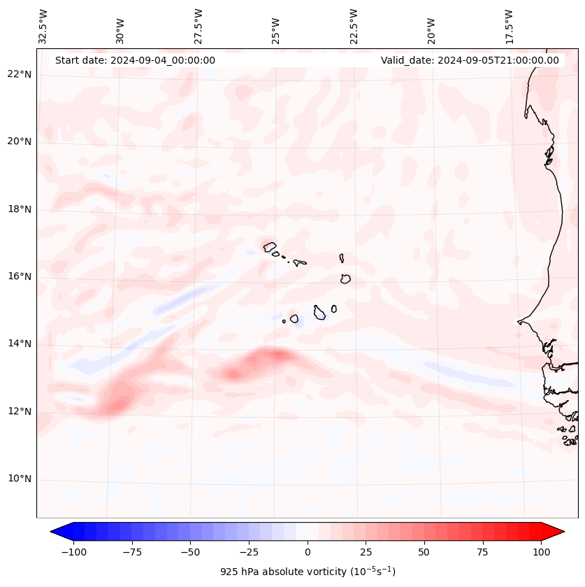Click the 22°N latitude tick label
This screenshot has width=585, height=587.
(19, 74)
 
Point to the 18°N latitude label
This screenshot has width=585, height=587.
(19, 209)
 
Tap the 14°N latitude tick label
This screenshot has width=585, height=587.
(19, 344)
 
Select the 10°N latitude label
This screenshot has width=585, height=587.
(19, 479)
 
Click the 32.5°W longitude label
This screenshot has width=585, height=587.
(43, 26)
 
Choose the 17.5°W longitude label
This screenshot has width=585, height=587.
(509, 26)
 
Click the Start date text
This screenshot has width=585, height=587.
(135, 60)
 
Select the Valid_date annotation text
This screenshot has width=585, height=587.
(470, 60)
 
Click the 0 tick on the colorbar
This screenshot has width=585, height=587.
(308, 552)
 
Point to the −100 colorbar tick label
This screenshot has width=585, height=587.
(72, 552)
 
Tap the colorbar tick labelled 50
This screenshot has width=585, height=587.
(424, 552)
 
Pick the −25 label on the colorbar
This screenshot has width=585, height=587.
(248, 552)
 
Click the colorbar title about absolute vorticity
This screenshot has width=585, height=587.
(308, 572)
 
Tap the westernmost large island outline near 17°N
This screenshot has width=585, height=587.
(270, 246)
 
